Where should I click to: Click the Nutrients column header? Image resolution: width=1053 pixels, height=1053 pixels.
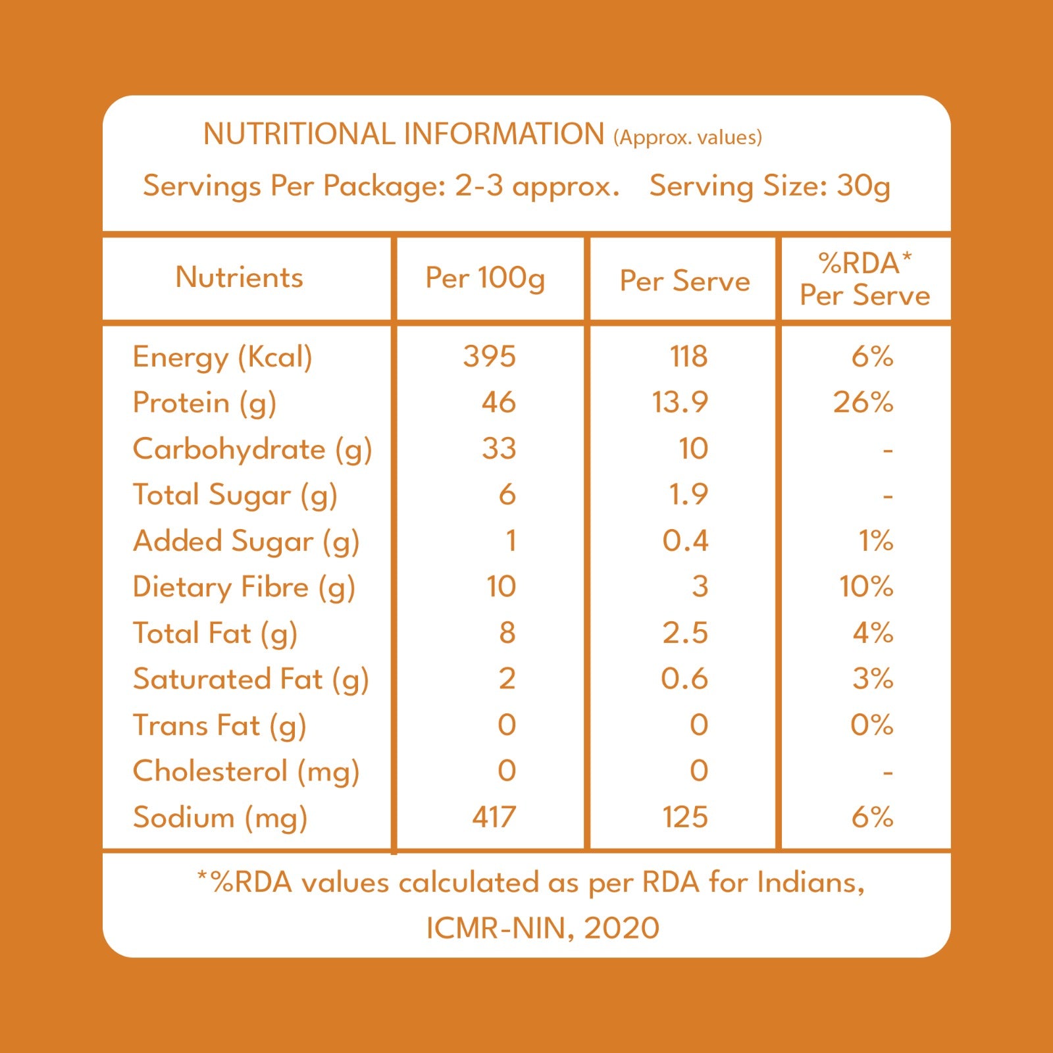click(x=240, y=277)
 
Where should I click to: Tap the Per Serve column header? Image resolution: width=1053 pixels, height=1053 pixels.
click(x=685, y=281)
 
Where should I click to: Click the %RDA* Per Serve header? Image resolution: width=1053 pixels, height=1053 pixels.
click(x=865, y=279)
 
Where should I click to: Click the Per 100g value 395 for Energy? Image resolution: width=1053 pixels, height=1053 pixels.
click(x=490, y=356)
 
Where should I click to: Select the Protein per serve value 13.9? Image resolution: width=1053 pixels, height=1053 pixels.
click(x=680, y=402)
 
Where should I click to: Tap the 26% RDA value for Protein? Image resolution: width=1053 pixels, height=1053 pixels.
click(x=863, y=402)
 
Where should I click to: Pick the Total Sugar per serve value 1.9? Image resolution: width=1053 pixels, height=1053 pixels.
click(x=688, y=494)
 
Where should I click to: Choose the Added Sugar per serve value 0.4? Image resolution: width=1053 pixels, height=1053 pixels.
click(x=685, y=540)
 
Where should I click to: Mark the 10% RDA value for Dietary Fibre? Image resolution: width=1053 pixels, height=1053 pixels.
click(x=866, y=586)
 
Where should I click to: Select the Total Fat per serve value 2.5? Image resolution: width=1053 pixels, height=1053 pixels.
click(x=685, y=632)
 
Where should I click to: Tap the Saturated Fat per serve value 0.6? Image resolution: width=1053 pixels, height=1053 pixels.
click(x=684, y=679)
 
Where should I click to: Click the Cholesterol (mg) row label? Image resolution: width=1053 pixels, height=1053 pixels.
click(x=246, y=772)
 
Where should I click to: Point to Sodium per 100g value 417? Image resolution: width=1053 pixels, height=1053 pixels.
click(x=494, y=817)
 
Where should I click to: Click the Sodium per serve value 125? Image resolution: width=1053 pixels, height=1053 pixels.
click(x=685, y=817)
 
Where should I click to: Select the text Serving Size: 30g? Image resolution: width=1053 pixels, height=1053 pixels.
click(x=770, y=186)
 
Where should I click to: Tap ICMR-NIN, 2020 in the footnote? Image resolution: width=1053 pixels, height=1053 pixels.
click(x=543, y=928)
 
